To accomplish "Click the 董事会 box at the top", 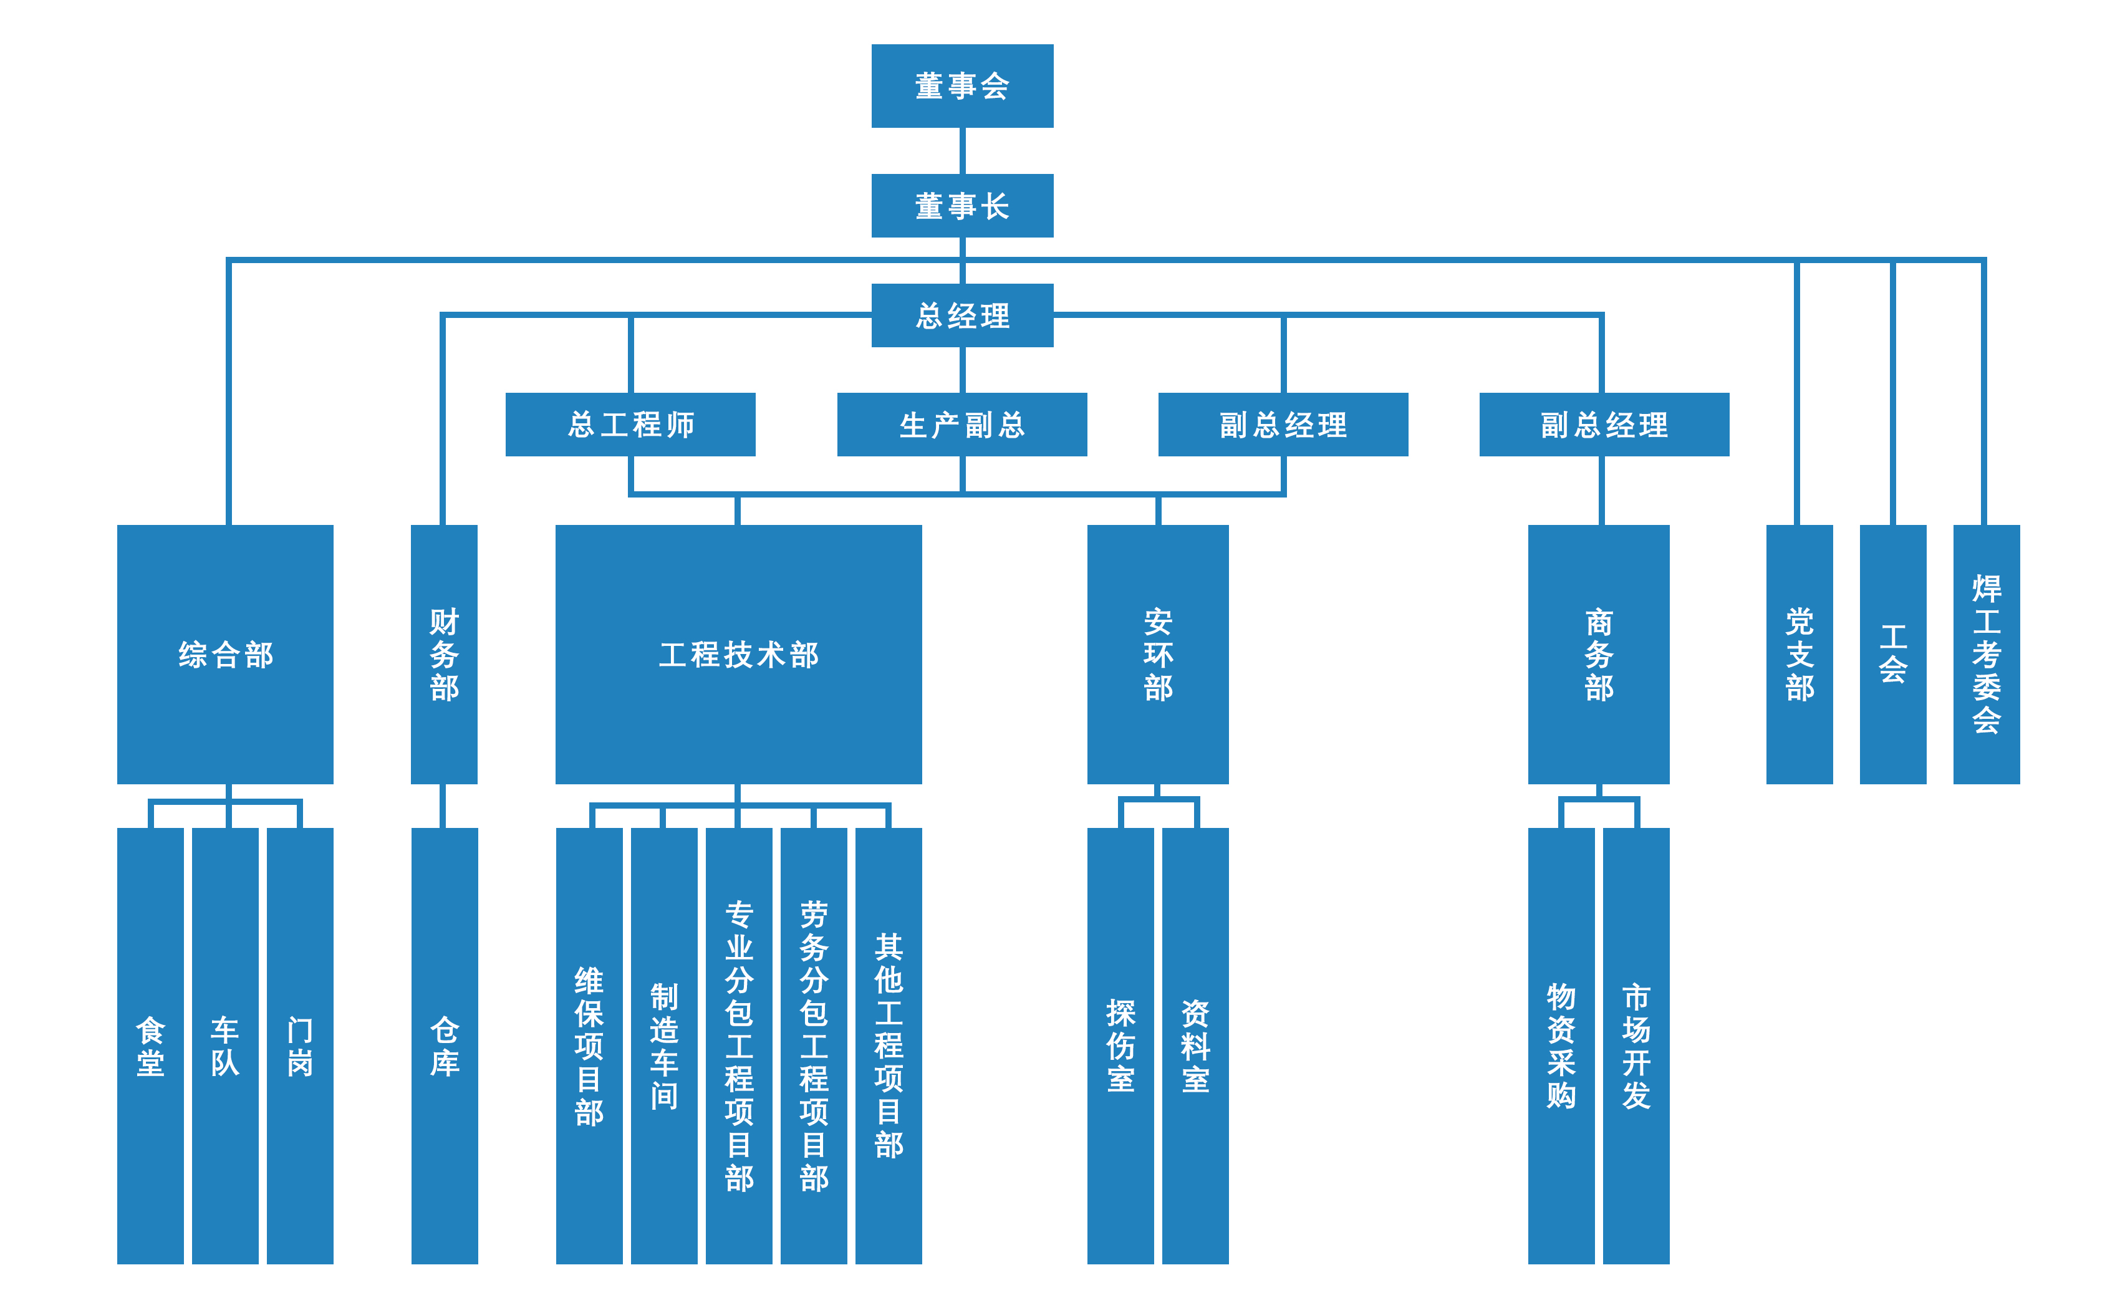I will point(962,85).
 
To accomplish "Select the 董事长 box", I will point(962,206).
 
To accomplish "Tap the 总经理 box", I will point(962,315).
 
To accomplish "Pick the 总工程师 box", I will point(630,424).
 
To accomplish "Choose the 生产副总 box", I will point(962,424).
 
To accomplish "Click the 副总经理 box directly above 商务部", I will point(1604,424).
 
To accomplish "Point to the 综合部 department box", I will point(225,654).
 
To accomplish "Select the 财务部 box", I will point(444,654).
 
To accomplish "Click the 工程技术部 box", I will point(738,654).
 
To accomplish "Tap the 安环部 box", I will point(1157,654).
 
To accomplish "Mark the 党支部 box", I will point(1799,654).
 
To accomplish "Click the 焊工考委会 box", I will point(1986,654).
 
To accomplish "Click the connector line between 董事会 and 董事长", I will point(962,150).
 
